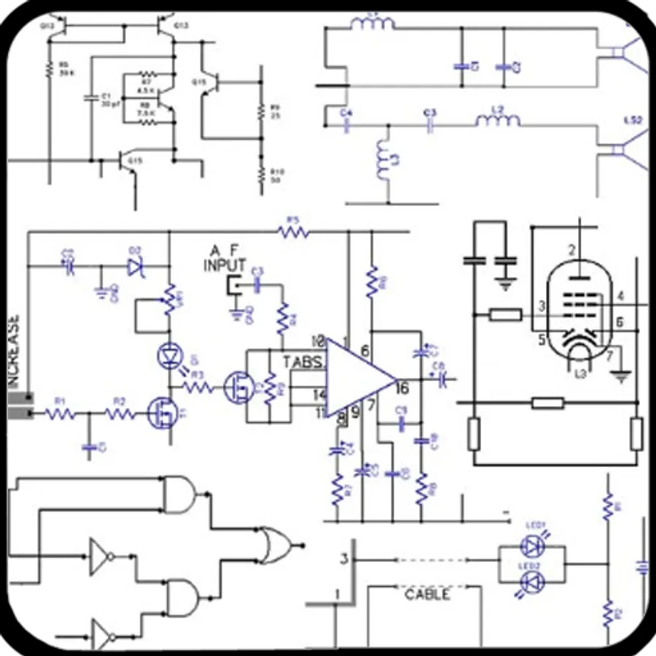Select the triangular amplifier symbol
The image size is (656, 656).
pyautogui.click(x=357, y=377)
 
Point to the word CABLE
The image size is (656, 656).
pyautogui.click(x=427, y=594)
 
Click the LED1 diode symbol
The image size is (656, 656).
pyautogui.click(x=531, y=544)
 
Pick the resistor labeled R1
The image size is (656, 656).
pyautogui.click(x=60, y=415)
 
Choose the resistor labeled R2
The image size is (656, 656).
pyautogui.click(x=120, y=415)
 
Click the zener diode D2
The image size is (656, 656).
pyautogui.click(x=135, y=267)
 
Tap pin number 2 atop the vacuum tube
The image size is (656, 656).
pyautogui.click(x=571, y=251)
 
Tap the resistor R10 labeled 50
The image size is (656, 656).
pyautogui.click(x=260, y=173)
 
